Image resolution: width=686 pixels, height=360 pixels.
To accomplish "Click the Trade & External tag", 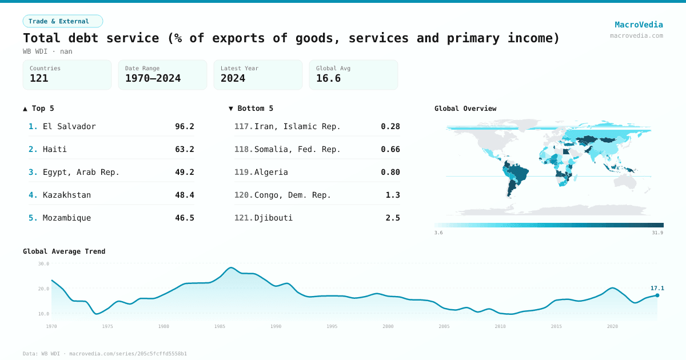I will point(62,21).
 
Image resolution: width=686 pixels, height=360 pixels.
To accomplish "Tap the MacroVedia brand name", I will point(639,25).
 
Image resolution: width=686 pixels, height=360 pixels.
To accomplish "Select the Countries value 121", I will point(39,78).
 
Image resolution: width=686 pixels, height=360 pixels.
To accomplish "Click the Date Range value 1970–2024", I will point(153,78).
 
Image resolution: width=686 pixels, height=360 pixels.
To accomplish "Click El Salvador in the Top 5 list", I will point(69,126).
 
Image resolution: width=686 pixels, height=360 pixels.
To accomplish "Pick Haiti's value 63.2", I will point(184,149).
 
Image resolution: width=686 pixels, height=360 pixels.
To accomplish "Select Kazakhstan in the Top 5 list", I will point(66,195).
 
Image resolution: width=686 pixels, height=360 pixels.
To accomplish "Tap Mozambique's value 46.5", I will point(184,218).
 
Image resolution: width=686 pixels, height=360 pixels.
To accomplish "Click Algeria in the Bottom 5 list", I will point(271,172).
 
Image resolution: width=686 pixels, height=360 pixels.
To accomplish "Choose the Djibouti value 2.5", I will point(393,218).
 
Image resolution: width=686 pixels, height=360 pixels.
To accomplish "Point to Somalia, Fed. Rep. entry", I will point(297,149).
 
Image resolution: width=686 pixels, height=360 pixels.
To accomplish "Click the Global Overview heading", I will point(465,109).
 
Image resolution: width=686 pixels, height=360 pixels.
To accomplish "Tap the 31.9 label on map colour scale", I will point(658,233).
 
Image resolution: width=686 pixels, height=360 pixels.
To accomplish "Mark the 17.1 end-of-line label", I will point(657,288).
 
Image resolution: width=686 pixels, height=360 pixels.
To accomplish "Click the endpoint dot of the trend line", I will point(657,295).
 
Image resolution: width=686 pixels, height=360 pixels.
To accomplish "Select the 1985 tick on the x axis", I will point(220,326).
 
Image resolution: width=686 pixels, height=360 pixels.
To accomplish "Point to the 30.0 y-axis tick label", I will point(43,263).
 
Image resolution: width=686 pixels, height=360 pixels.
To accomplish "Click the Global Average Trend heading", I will point(64,251).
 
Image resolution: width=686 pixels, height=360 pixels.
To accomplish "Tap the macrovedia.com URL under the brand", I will point(636,35).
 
